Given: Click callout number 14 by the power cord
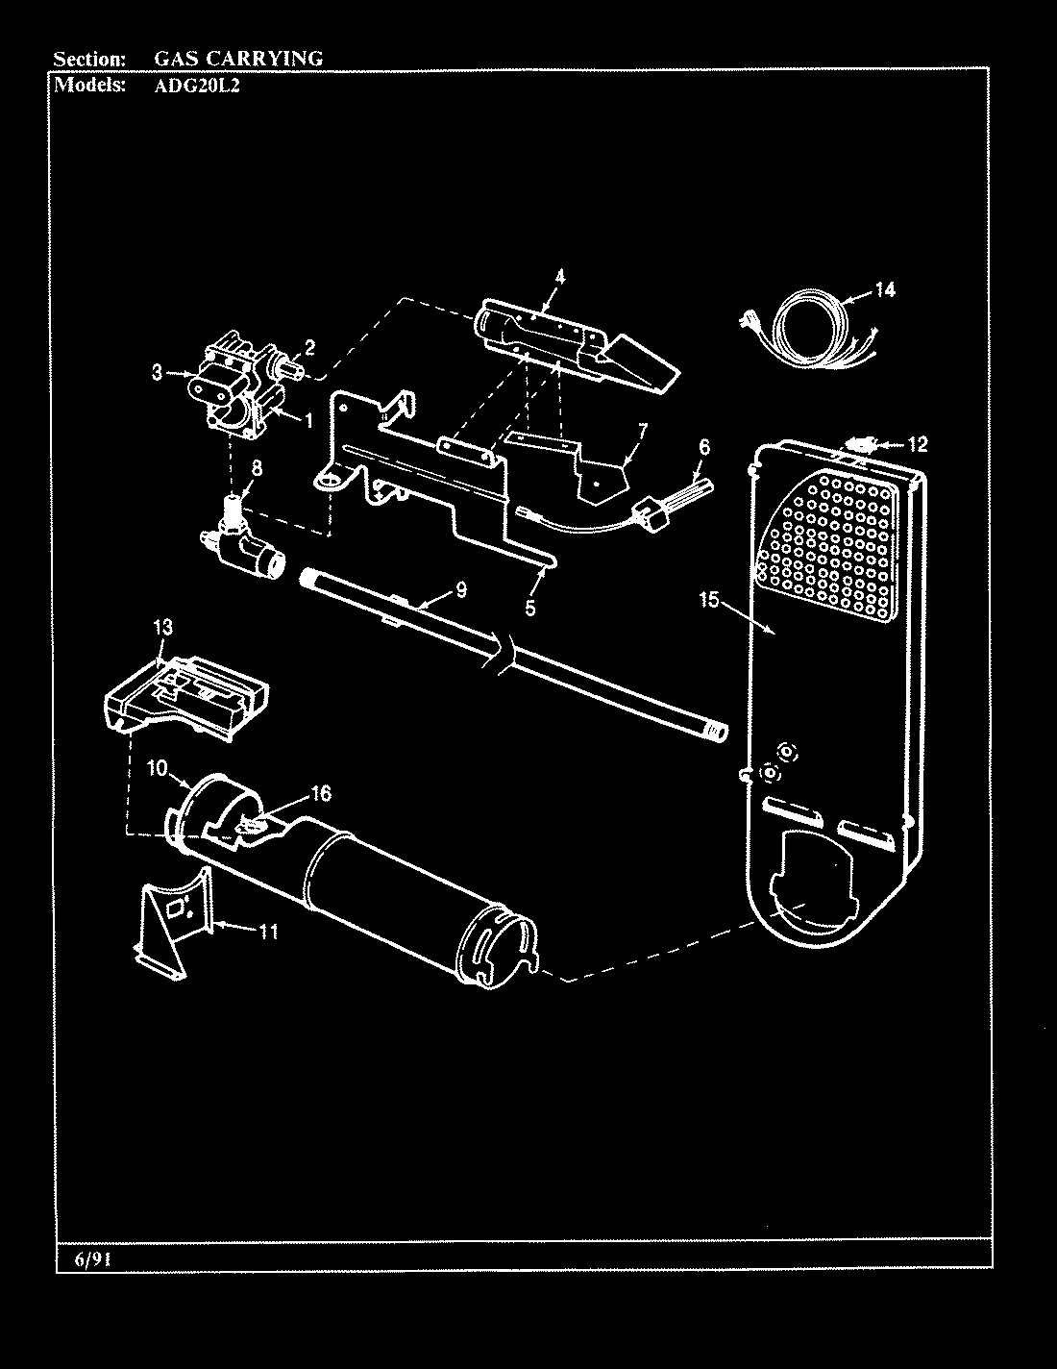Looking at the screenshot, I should click(884, 290).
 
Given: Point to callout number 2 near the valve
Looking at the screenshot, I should click(309, 347).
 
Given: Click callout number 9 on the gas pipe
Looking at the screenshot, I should click(460, 590).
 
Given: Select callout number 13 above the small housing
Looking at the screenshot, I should click(163, 628).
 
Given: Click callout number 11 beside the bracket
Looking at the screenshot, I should click(269, 932).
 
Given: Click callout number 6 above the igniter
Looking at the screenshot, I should click(704, 446).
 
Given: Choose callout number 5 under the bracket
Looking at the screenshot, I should click(529, 608).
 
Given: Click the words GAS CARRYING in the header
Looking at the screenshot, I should click(238, 58).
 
